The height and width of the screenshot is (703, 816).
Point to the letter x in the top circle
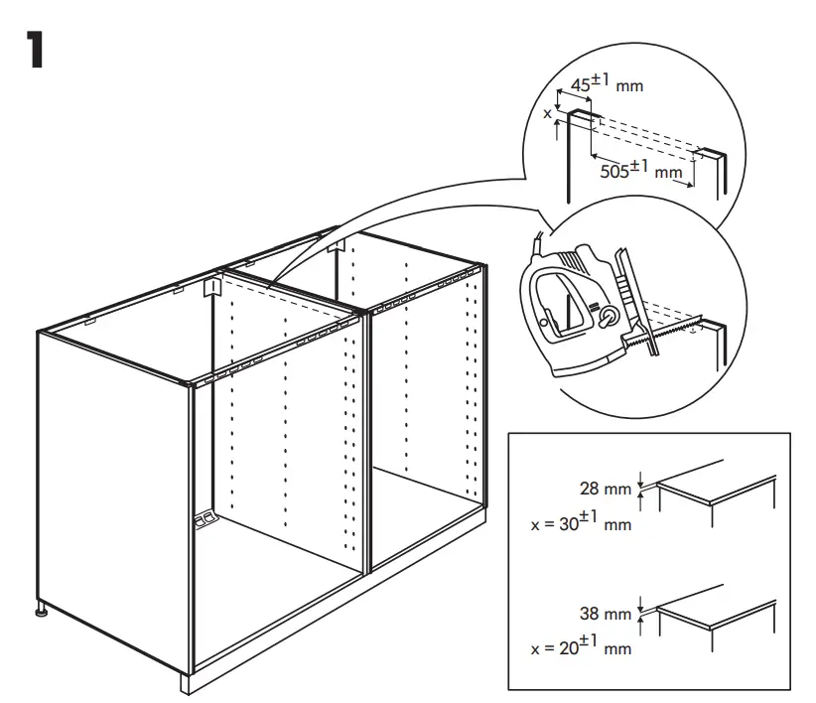(546, 113)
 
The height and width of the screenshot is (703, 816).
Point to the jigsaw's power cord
(537, 241)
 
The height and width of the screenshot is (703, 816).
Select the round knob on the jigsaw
(607, 317)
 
